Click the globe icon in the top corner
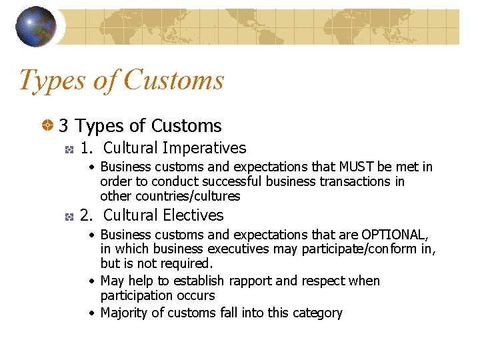coord(36,26)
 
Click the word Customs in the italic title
coord(174,80)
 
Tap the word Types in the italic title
coord(53,80)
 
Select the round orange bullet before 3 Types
coord(48,125)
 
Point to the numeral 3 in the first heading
coord(63,125)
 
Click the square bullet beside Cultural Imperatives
coord(68,149)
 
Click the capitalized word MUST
coord(357,167)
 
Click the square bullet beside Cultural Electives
coord(68,216)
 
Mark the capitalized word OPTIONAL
coord(394,235)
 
